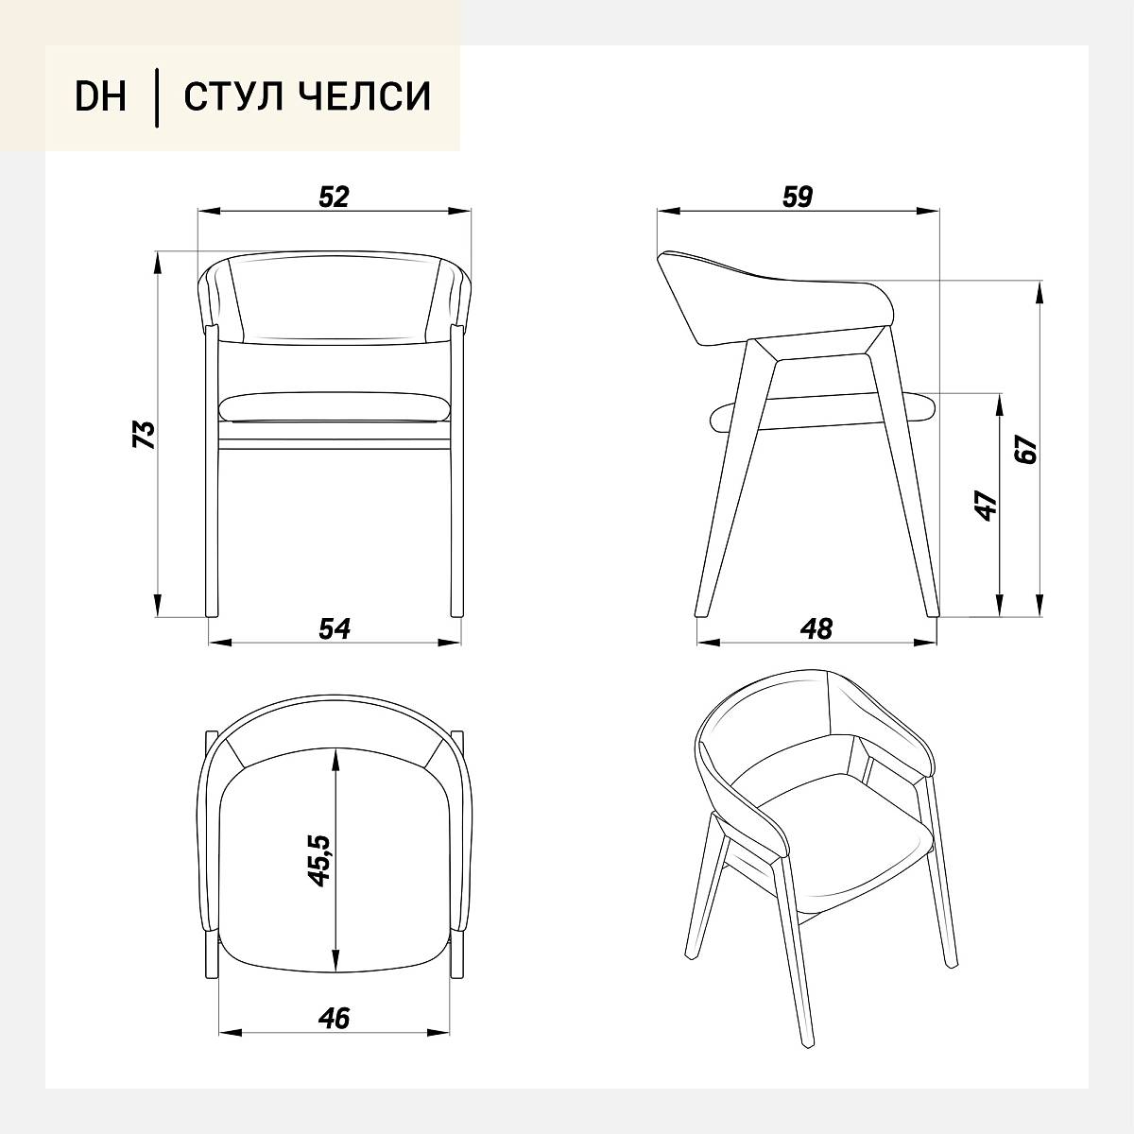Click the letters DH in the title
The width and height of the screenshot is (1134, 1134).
(100, 96)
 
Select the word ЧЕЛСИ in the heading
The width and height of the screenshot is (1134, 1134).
(361, 96)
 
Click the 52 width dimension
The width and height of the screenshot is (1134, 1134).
(334, 197)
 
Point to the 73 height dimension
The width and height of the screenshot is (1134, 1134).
(145, 435)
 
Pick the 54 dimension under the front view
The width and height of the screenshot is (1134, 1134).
(335, 628)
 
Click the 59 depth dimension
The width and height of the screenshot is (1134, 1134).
(798, 197)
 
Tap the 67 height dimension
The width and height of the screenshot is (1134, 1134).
(1027, 449)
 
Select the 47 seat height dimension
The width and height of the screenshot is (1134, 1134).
(987, 505)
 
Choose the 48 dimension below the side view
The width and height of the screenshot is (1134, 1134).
(816, 628)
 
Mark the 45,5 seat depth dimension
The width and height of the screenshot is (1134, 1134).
(319, 861)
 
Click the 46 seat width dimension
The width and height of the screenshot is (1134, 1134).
(334, 1018)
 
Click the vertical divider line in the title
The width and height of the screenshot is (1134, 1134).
(157, 97)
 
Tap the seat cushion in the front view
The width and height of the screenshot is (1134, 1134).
(335, 407)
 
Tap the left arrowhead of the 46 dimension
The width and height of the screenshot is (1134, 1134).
(230, 1032)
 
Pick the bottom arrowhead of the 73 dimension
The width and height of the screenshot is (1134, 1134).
(157, 606)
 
